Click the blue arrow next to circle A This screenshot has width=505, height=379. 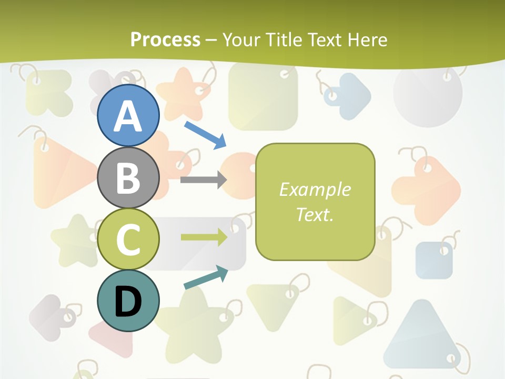coord(206,135)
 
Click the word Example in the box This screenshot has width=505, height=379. coord(315,189)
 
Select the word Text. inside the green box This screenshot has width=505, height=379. coord(315,214)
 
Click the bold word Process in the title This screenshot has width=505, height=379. coord(165,39)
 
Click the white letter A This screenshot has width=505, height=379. coord(128,116)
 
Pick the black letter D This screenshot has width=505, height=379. coord(128,302)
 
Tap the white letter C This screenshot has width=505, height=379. coord(128,240)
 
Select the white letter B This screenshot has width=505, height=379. coord(128,177)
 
